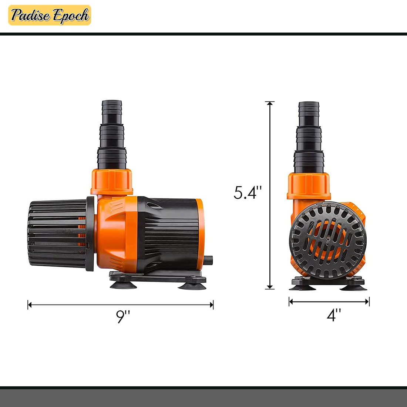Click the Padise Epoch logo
click(50, 15)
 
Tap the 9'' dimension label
click(123, 316)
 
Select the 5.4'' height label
click(248, 192)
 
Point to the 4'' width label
click(334, 315)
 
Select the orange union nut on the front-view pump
click(309, 186)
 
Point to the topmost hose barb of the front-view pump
click(309, 113)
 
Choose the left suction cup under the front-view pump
click(303, 286)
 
